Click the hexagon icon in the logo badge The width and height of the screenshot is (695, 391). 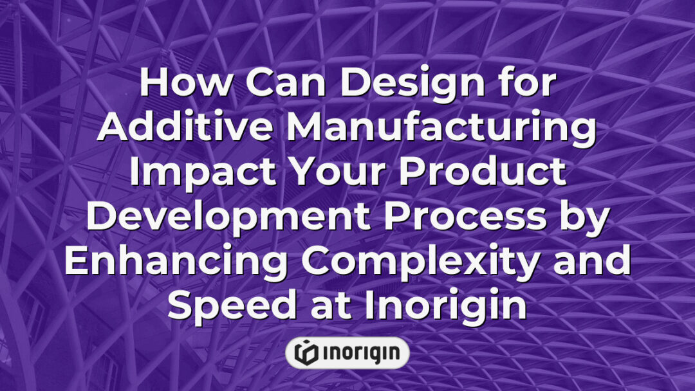pos(306,352)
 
